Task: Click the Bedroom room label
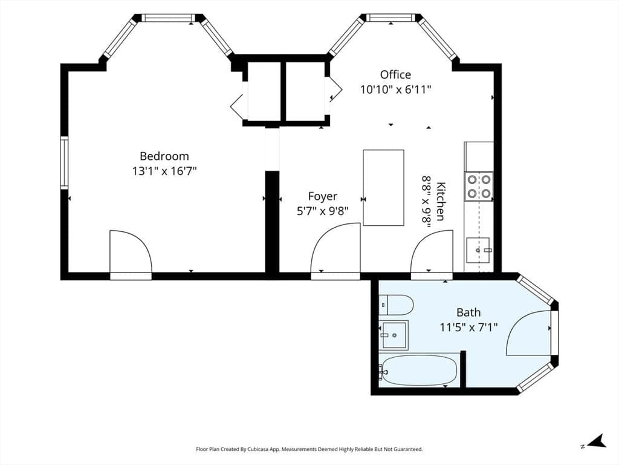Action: coord(164,156)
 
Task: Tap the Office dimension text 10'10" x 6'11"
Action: coord(395,90)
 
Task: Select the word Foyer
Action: coord(323,197)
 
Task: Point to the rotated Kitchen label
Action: coord(440,201)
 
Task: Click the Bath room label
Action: coord(468,312)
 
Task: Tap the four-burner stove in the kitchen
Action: coord(479,186)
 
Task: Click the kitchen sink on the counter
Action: coord(478,250)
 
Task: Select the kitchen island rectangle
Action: coord(383,188)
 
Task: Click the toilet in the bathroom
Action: coord(396,305)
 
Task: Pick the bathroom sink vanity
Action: coord(393,335)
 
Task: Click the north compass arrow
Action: coord(597,441)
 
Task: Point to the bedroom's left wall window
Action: coord(64,163)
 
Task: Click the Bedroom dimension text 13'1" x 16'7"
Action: coord(164,171)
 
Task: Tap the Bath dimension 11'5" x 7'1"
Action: coord(468,328)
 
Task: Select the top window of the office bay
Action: coord(391,18)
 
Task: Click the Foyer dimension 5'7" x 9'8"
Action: coord(323,211)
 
